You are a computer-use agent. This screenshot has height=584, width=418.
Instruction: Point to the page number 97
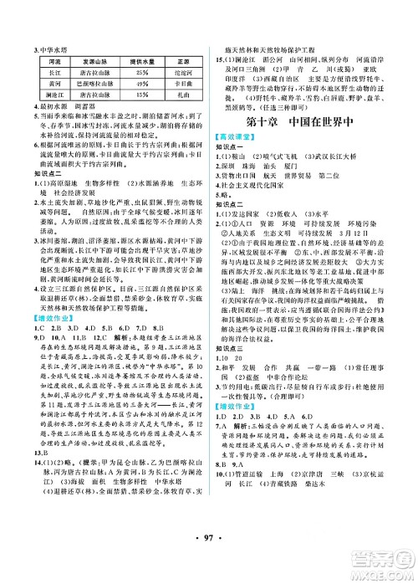[x=208, y=557]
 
